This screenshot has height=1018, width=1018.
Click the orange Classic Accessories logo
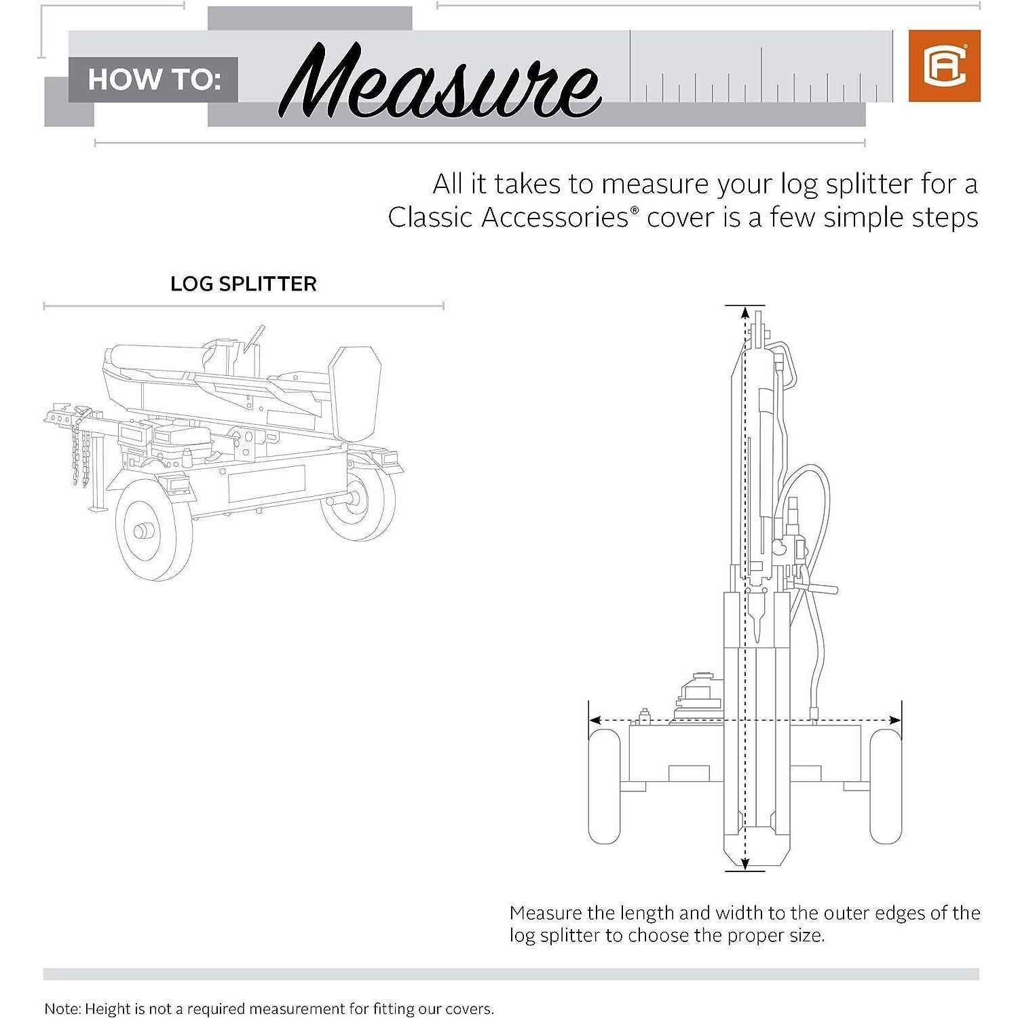pyautogui.click(x=944, y=66)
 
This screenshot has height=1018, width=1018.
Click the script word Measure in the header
pyautogui.click(x=440, y=82)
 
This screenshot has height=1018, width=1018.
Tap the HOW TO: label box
pyautogui.click(x=153, y=79)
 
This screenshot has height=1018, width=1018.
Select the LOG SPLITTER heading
pyautogui.click(x=243, y=284)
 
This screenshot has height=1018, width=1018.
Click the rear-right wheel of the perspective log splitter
pyautogui.click(x=358, y=499)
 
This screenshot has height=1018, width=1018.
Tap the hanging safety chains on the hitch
pyautogui.click(x=79, y=452)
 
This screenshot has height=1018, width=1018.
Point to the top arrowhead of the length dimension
pyautogui.click(x=745, y=314)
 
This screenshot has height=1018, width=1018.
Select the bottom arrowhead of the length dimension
pyautogui.click(x=745, y=864)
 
